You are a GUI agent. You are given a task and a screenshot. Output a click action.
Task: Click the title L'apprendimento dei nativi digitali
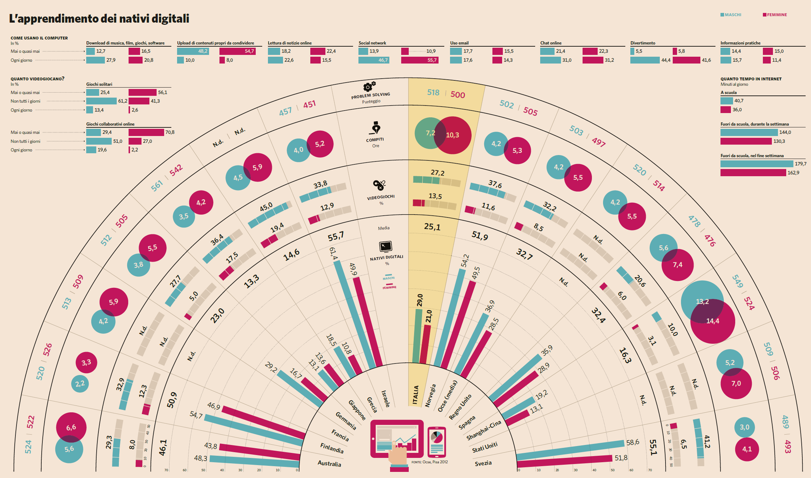click(x=99, y=18)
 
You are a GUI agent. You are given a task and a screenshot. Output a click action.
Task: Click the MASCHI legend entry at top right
click(x=731, y=15)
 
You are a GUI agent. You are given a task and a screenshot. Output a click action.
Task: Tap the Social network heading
click(x=372, y=43)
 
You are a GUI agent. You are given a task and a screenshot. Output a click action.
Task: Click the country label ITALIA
click(x=416, y=395)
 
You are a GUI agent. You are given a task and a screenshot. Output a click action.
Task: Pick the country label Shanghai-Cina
click(x=483, y=430)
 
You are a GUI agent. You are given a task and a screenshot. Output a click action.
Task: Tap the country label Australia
click(x=329, y=463)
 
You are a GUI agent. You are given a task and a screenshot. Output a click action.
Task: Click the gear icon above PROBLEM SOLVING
click(x=369, y=86)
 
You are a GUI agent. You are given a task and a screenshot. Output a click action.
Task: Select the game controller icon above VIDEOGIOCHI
click(x=379, y=185)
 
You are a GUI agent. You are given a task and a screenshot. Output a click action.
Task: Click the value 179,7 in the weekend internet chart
click(x=800, y=164)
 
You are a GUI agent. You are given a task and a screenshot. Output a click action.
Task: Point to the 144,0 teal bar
click(x=749, y=132)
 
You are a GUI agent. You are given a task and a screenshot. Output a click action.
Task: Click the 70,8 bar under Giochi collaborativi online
click(x=146, y=132)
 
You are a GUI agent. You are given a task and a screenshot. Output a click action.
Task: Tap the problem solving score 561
click(x=157, y=186)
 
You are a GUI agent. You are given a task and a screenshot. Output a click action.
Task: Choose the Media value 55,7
click(x=336, y=236)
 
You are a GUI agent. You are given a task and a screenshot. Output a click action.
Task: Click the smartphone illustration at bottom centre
click(x=436, y=441)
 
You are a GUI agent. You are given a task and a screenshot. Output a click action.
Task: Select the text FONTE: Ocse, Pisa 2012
click(x=430, y=462)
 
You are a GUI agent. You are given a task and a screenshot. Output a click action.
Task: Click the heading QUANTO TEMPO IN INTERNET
click(x=751, y=79)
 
